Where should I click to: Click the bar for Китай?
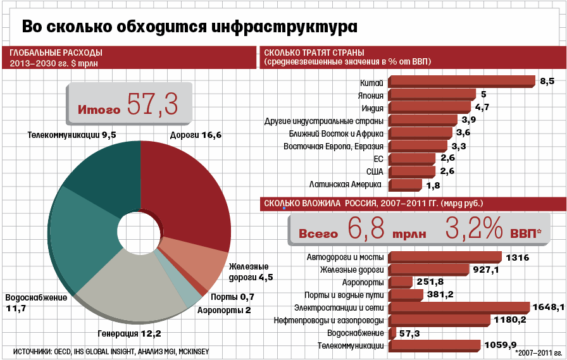click(462, 81)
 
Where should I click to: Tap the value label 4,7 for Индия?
click(482, 107)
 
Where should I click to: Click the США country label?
click(374, 171)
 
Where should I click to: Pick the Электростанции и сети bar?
click(459, 307)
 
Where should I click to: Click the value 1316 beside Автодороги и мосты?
click(518, 258)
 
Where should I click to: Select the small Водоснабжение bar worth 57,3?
click(392, 333)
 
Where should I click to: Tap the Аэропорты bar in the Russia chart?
click(401, 282)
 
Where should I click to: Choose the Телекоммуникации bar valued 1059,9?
click(435, 345)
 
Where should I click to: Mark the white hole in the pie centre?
click(140, 230)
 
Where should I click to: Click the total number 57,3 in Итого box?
click(153, 105)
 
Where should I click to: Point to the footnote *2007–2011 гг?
click(539, 352)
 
